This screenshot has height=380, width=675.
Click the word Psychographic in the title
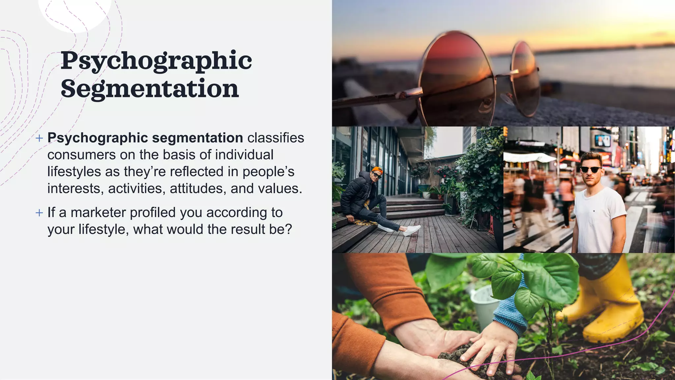tap(156, 61)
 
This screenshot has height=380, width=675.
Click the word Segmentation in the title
tap(150, 89)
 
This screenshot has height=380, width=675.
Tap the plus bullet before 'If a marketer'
tap(39, 213)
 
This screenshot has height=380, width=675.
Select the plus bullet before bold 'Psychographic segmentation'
tap(39, 138)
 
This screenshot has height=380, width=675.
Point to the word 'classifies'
tap(276, 138)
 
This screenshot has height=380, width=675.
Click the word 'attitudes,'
tap(198, 189)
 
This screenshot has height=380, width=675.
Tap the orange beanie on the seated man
tap(377, 171)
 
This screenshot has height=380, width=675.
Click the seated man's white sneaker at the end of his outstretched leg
tap(412, 230)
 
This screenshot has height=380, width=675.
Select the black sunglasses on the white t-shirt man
tap(591, 170)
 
